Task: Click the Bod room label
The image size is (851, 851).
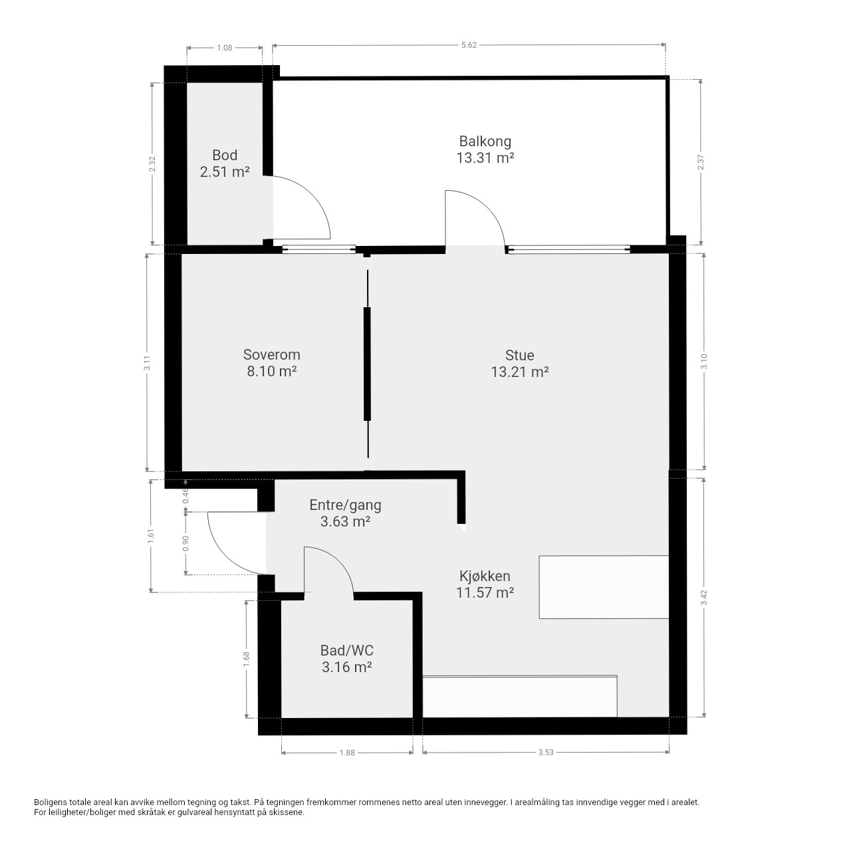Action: pyautogui.click(x=225, y=155)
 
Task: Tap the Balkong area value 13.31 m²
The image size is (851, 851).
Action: pyautogui.click(x=485, y=158)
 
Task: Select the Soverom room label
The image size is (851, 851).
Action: pyautogui.click(x=272, y=354)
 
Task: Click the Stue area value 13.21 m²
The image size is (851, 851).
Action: pyautogui.click(x=520, y=372)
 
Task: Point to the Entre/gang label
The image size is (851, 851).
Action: pyautogui.click(x=345, y=505)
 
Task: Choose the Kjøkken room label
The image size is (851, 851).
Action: pyautogui.click(x=485, y=576)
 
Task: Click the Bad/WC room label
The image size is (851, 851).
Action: pyautogui.click(x=347, y=650)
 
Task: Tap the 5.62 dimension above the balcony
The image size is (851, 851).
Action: pyautogui.click(x=469, y=45)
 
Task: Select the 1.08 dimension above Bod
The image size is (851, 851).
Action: pyautogui.click(x=224, y=48)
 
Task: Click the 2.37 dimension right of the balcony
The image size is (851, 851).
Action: pyautogui.click(x=701, y=162)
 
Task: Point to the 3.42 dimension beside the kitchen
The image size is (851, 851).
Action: pyautogui.click(x=704, y=598)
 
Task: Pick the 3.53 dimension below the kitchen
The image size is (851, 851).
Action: pyautogui.click(x=546, y=752)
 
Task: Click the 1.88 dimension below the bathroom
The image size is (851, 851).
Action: pyautogui.click(x=347, y=753)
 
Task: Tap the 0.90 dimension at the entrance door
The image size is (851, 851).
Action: pyautogui.click(x=185, y=543)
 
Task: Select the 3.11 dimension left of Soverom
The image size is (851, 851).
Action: pyautogui.click(x=148, y=363)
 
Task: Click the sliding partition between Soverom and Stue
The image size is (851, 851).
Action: pyautogui.click(x=367, y=364)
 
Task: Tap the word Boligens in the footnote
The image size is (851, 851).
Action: pyautogui.click(x=51, y=802)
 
